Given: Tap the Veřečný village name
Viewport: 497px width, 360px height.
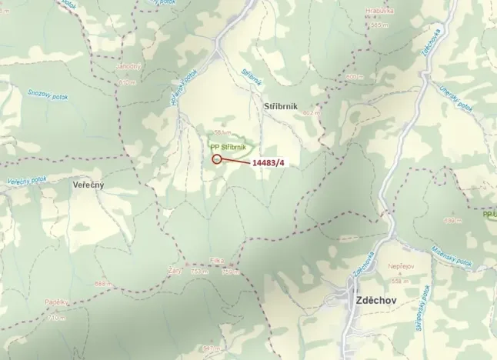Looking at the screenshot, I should (x=88, y=185).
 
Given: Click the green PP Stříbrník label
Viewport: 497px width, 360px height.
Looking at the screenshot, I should (x=228, y=146).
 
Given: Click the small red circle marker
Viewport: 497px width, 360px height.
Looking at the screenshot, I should (x=217, y=159).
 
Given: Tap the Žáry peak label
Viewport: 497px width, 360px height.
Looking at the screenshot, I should (x=174, y=270).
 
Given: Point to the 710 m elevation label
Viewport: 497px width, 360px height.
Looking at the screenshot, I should (x=57, y=317).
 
